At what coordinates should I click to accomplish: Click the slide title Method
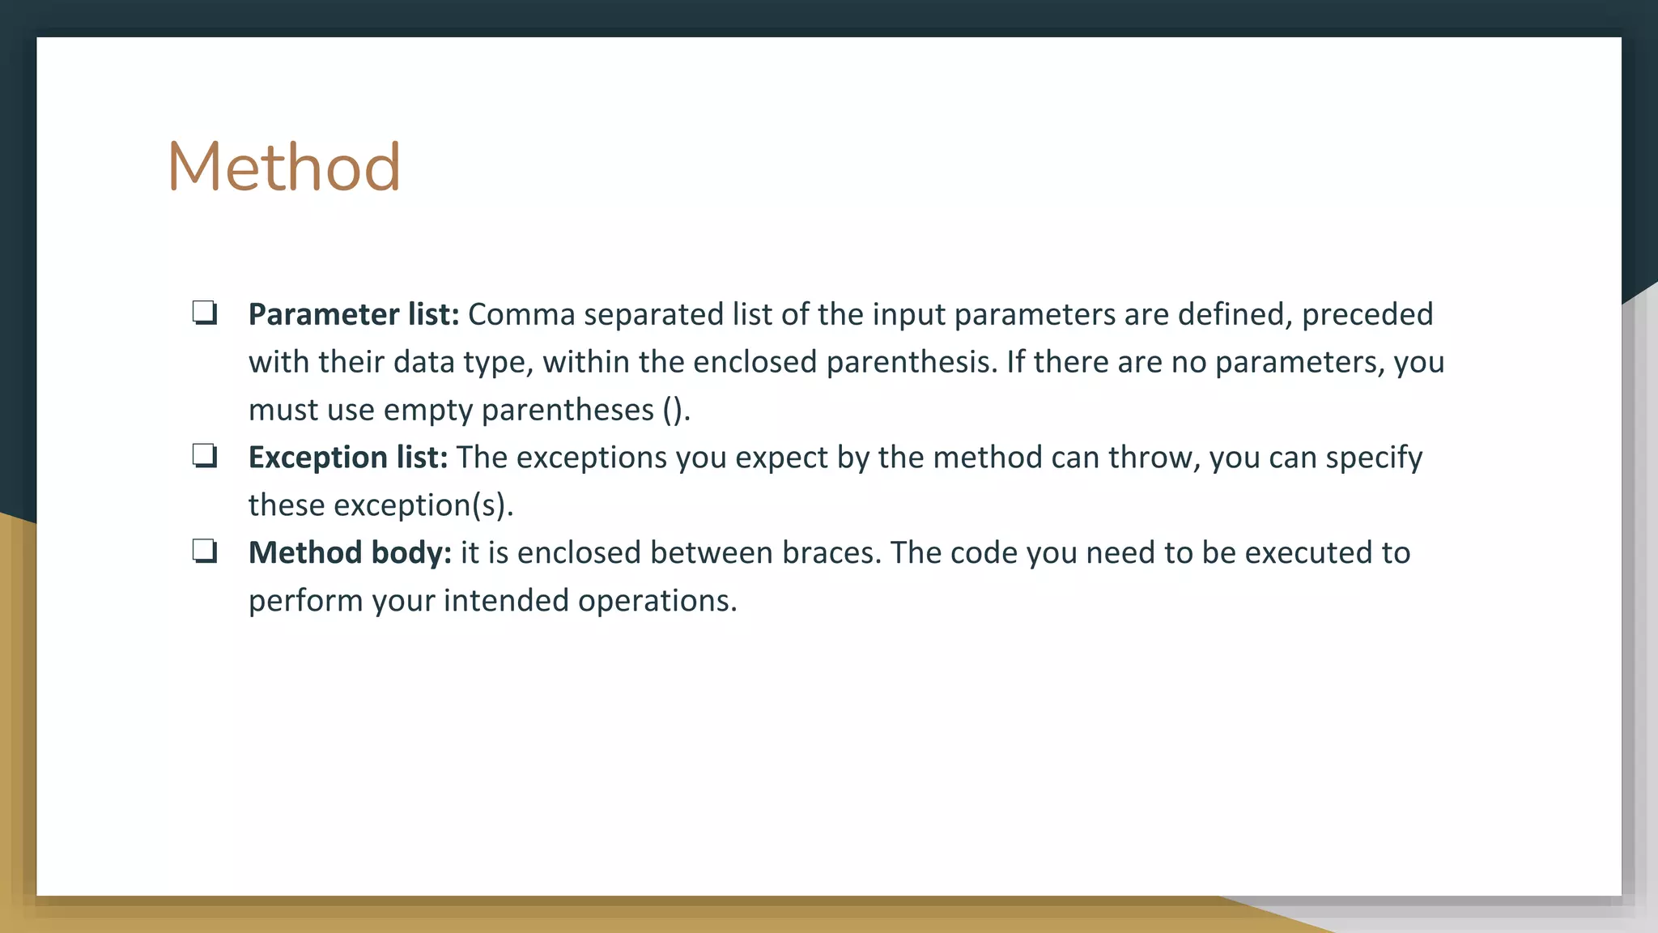pyautogui.click(x=284, y=167)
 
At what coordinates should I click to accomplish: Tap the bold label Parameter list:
pyautogui.click(x=354, y=314)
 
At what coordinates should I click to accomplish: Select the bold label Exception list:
pyautogui.click(x=348, y=458)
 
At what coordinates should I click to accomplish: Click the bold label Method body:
pyautogui.click(x=350, y=552)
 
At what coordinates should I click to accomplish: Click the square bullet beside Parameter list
pyautogui.click(x=205, y=313)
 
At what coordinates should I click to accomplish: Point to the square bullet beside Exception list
pyautogui.click(x=205, y=456)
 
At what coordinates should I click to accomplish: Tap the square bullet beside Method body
pyautogui.click(x=205, y=552)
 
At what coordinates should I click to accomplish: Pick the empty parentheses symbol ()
pyautogui.click(x=673, y=410)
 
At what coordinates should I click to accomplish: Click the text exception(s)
pyautogui.click(x=423, y=505)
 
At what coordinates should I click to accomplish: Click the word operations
pyautogui.click(x=657, y=602)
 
